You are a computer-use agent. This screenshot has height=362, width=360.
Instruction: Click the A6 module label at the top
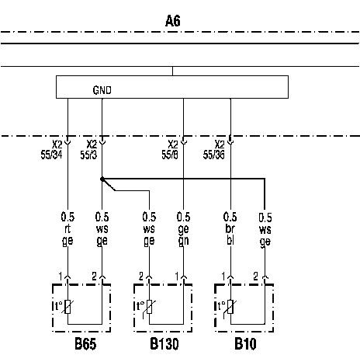pos(173,21)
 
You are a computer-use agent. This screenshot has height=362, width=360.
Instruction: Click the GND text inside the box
pos(102,90)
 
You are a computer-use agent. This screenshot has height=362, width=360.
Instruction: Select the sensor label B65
pos(85,344)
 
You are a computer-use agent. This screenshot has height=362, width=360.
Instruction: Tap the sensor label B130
pos(164,344)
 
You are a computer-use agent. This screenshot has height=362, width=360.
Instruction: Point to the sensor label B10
pos(245,344)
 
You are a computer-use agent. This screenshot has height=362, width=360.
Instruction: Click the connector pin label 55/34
pos(51,155)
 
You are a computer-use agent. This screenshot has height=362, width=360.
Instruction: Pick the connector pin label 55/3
pos(88,155)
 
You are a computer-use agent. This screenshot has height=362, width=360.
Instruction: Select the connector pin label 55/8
pos(170,155)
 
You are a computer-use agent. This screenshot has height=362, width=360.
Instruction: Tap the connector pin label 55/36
pos(213,155)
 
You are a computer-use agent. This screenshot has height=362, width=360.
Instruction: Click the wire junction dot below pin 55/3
pos(102,179)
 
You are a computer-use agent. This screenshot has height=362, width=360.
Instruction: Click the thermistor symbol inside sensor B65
pos(67,307)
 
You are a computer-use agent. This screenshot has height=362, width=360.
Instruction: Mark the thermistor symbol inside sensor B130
pos(149,308)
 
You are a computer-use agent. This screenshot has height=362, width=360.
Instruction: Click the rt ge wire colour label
pos(67,235)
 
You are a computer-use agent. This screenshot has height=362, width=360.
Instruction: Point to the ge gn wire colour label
pos(183,235)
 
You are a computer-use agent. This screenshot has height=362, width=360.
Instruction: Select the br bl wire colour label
pos(230,235)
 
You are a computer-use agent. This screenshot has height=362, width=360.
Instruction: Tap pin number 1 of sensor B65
pos(61,277)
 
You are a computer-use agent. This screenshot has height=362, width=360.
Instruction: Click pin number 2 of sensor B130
pos(141,277)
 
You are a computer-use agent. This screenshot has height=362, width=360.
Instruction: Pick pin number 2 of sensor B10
pos(255,277)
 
